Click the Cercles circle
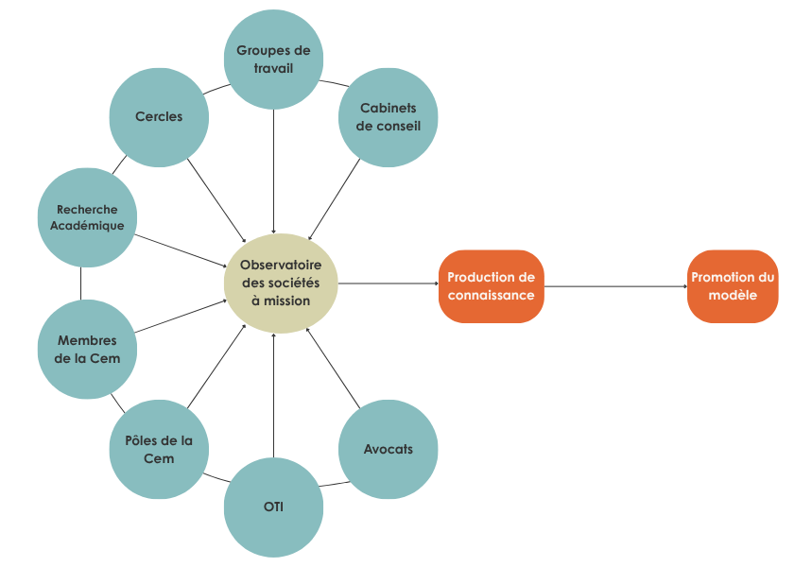159,117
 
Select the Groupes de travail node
273,60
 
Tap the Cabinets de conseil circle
388,116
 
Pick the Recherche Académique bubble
87,217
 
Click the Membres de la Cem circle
87,350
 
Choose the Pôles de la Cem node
159,449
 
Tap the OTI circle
273,507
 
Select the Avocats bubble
388,449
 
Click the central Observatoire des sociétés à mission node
280,283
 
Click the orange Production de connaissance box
491,286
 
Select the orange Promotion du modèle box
733,286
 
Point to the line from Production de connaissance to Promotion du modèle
614,286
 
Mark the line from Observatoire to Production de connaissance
388,283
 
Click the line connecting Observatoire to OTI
273,397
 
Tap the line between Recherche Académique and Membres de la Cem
81,283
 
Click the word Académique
87,226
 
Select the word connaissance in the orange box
491,295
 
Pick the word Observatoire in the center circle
280,266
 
